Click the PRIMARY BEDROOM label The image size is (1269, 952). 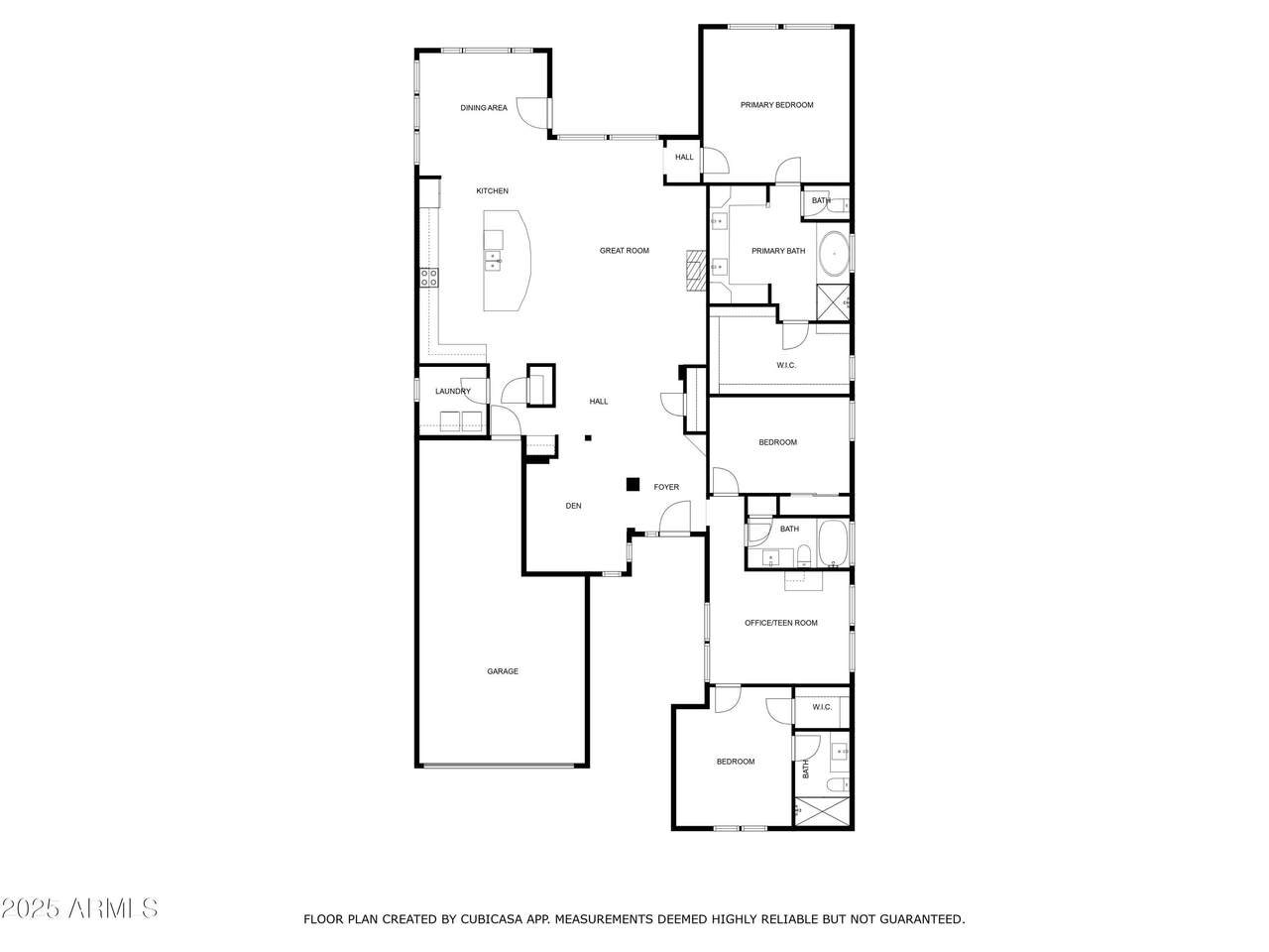pos(776,105)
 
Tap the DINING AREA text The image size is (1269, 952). pos(484,107)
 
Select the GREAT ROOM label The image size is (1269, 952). pos(624,250)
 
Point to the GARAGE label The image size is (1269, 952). pos(502,671)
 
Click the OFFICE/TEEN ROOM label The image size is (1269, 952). pos(780,623)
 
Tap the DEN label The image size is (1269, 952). pos(573,505)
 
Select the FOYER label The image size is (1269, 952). pos(666,487)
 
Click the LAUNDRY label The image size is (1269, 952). pos(453,391)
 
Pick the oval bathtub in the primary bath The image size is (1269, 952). pos(833,254)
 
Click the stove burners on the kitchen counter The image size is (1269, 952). pos(428,277)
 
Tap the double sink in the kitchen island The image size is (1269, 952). pos(493,260)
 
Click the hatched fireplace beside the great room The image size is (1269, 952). pos(696,270)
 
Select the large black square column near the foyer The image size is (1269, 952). pos(633,484)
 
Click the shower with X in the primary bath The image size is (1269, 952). pos(833,302)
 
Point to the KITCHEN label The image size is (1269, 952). pos(492,190)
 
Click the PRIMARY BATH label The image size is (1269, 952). pos(777,251)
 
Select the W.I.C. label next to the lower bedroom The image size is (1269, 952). pos(822,707)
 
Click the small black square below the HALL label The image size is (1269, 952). pos(587,437)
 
